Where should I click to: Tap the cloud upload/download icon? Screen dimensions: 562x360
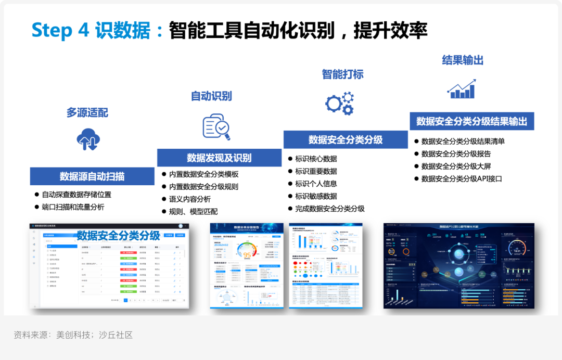point(88,139)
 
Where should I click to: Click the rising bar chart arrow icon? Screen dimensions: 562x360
point(462,89)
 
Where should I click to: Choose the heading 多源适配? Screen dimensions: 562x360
point(87,112)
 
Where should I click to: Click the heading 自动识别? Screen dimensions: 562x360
point(211,96)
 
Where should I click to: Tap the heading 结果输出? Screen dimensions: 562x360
point(463,60)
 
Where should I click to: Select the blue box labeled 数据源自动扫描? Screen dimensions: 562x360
point(92,176)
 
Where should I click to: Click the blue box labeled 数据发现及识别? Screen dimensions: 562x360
point(219,158)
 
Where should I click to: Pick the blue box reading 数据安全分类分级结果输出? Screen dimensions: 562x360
point(471,121)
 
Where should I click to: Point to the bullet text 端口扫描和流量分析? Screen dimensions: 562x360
point(73,207)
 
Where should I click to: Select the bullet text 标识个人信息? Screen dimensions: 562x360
point(316,184)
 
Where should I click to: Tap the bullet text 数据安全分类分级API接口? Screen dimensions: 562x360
point(462,178)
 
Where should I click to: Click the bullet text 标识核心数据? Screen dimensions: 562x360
point(316,159)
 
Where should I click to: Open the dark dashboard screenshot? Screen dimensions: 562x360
point(458,265)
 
